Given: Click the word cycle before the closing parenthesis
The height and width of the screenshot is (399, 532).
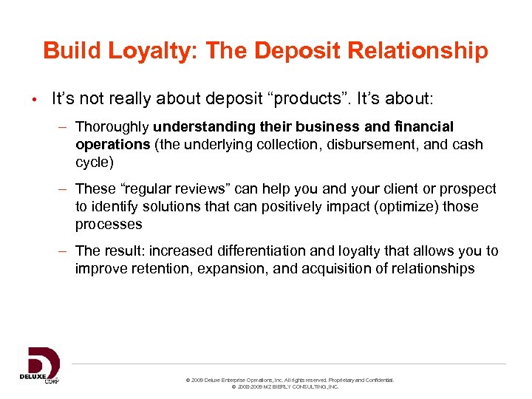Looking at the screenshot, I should coord(92,162).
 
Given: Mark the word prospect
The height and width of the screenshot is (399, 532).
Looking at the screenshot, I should coord(468,189).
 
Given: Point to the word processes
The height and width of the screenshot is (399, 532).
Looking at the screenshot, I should coord(108,224).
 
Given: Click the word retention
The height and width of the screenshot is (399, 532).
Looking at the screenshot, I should coord(166,268).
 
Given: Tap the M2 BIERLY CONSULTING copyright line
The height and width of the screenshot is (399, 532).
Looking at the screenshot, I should coord(285,386).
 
